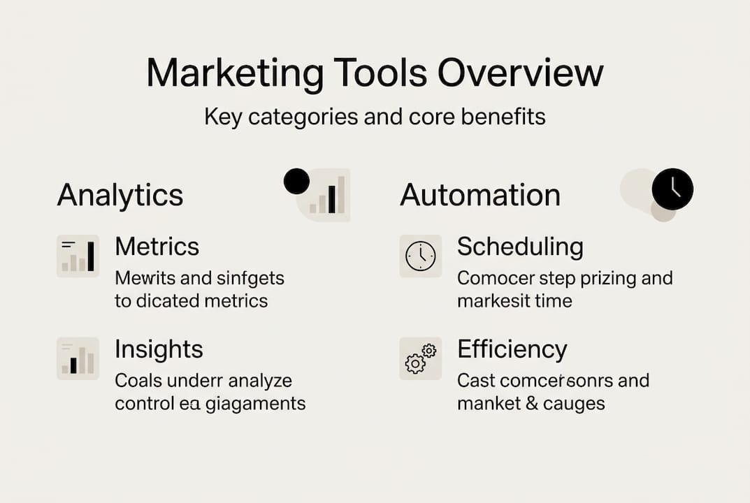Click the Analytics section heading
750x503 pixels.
tap(120, 195)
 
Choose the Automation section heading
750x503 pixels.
tap(480, 195)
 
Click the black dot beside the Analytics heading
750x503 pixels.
tap(296, 182)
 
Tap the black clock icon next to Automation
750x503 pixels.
tap(672, 189)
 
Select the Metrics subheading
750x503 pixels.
tap(157, 247)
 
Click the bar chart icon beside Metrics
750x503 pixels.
tap(78, 256)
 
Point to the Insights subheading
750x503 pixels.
tap(159, 349)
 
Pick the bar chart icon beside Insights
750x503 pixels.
tap(78, 358)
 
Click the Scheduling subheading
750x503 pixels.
tap(520, 247)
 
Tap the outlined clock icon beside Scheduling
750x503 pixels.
tap(420, 256)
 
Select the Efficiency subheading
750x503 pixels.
tap(512, 349)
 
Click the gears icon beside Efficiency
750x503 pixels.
tap(420, 358)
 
